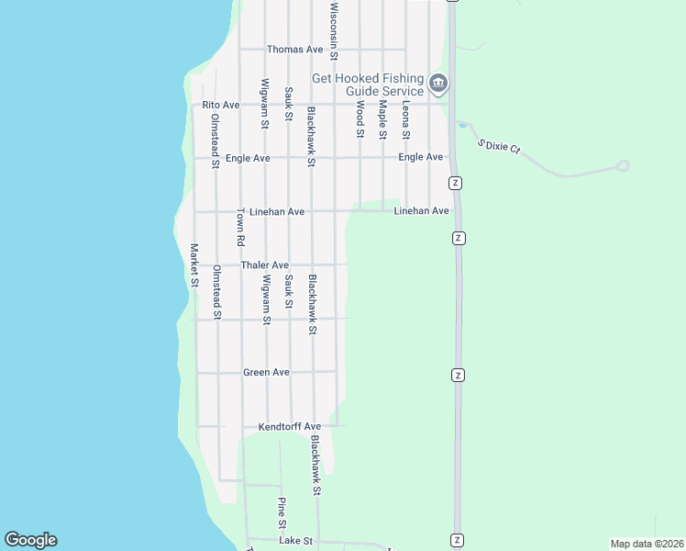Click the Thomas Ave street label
[295, 49]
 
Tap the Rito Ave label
[221, 105]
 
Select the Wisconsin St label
[334, 30]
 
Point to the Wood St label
[360, 119]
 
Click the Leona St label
[405, 121]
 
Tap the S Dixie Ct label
[499, 145]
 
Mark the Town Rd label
[240, 227]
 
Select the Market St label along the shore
[194, 264]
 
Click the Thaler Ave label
[265, 265]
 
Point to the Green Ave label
[266, 372]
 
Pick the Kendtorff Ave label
[290, 427]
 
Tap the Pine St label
[282, 512]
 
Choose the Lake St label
[295, 542]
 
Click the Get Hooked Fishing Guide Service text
[369, 84]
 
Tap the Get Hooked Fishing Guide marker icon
[438, 84]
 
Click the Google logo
[30, 540]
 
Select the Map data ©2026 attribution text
[646, 544]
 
